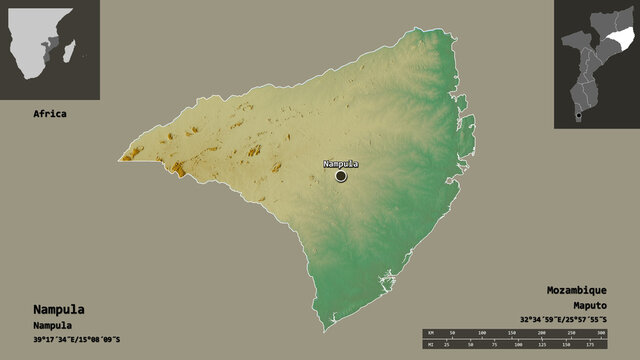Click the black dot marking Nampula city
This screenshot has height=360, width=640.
(341, 176)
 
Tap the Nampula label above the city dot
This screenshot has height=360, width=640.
(341, 164)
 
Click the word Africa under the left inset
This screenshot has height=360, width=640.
(49, 114)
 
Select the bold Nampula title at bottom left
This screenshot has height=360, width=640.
(56, 308)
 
